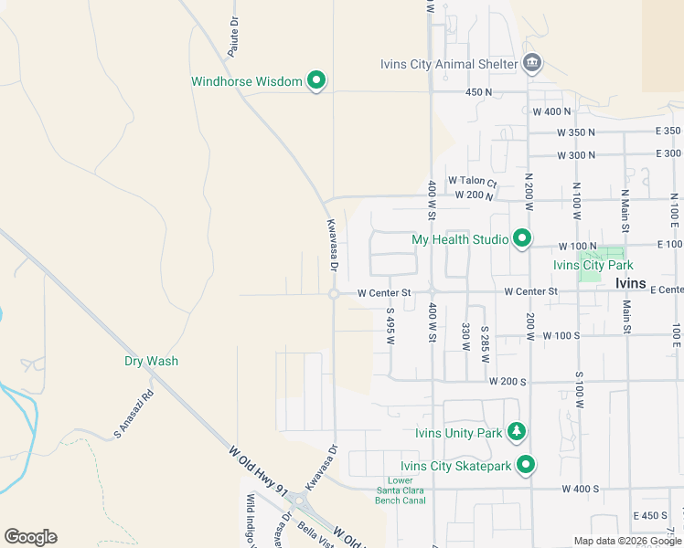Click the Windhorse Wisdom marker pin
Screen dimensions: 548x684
point(316,81)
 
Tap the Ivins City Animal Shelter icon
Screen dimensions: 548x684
point(532,63)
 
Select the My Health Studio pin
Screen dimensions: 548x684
point(522,239)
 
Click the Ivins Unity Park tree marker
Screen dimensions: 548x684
point(518,432)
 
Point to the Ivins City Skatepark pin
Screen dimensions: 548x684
point(525,466)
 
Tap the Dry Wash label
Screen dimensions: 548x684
point(151,361)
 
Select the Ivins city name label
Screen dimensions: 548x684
point(631,283)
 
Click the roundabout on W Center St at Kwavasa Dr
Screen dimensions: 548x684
point(334,293)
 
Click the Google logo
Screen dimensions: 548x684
point(30,537)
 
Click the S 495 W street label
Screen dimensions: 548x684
point(390,326)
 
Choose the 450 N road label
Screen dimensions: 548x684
point(479,92)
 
